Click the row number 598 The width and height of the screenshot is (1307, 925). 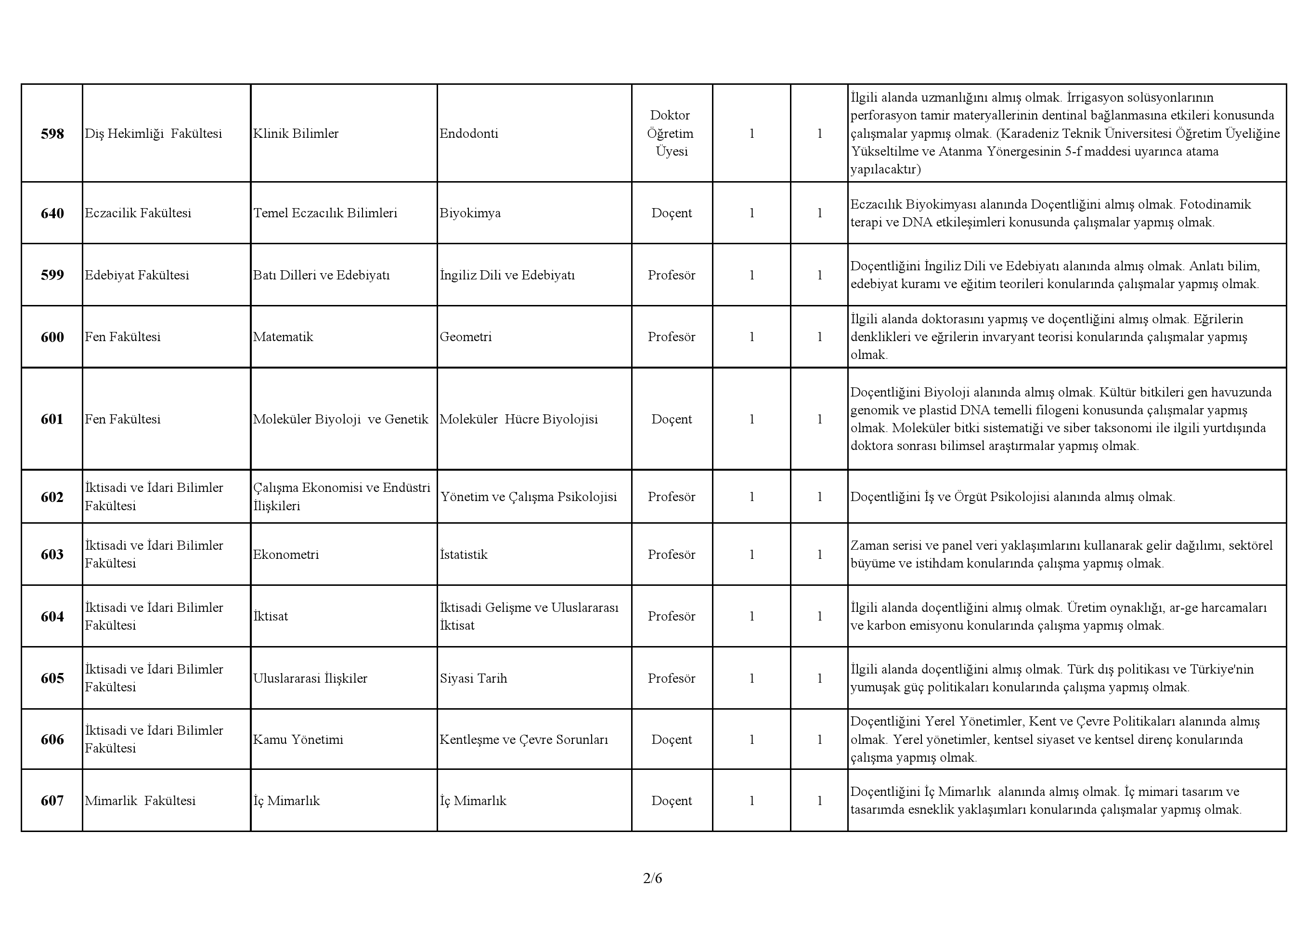52,134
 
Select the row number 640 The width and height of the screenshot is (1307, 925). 52,213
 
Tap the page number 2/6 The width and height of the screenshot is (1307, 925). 652,878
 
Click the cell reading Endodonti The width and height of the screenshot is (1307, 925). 468,134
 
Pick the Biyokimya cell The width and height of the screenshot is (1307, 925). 470,213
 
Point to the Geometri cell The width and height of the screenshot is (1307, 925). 465,337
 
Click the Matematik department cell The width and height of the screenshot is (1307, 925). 283,337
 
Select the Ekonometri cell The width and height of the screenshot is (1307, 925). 286,554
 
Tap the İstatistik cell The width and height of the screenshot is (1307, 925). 464,554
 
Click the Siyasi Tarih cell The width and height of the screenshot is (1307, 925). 473,678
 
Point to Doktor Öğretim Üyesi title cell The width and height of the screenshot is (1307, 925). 671,133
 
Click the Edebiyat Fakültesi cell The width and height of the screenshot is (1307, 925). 137,275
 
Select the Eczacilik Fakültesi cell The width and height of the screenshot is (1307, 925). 138,213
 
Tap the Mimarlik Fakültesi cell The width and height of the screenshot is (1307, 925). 140,800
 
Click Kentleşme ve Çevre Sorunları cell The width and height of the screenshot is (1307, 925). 524,740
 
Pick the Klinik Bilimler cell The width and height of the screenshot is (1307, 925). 296,134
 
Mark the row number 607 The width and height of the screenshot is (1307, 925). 52,800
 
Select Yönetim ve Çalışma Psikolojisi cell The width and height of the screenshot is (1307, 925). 528,497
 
